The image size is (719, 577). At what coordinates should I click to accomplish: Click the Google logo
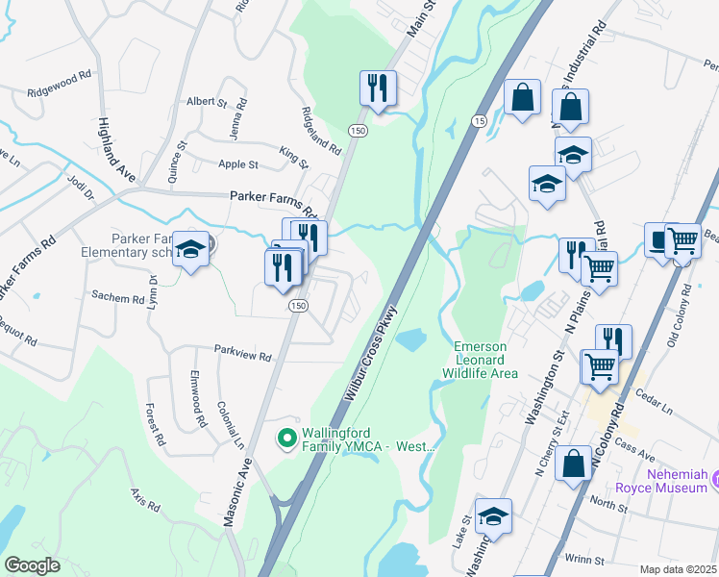click(33, 565)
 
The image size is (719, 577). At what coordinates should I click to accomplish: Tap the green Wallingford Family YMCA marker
click(285, 439)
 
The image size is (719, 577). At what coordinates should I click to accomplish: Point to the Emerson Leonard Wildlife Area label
click(481, 360)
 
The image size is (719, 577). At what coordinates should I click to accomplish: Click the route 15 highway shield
click(478, 120)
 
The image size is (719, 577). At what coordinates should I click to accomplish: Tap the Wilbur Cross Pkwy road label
click(369, 352)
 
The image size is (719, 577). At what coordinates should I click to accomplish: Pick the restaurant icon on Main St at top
click(378, 88)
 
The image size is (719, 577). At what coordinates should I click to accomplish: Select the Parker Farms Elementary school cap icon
click(191, 251)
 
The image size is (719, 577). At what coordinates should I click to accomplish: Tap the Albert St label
click(206, 101)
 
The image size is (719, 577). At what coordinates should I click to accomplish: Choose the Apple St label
click(238, 165)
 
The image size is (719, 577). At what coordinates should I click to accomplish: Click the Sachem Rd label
click(118, 298)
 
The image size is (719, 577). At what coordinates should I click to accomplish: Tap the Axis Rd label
click(146, 498)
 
